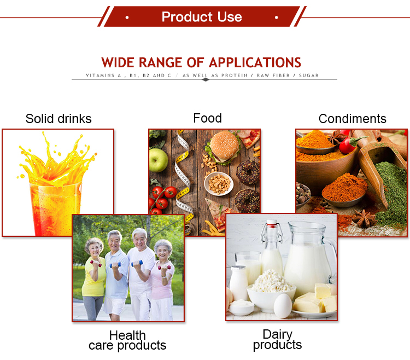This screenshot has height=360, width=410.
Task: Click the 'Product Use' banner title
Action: [x=202, y=17]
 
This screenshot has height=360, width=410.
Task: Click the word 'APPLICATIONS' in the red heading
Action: [x=255, y=62]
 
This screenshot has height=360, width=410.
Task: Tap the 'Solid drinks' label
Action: [x=58, y=119]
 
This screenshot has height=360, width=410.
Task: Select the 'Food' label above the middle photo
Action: [x=207, y=118]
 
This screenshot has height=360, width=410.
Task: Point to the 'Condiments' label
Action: [x=352, y=119]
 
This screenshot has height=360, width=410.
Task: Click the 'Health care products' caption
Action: [x=127, y=340]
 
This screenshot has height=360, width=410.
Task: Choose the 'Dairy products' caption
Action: [x=277, y=339]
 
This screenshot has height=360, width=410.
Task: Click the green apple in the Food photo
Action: [x=159, y=160]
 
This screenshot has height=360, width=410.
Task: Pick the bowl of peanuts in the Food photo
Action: [x=219, y=182]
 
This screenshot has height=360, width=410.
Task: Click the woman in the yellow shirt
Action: [x=93, y=276]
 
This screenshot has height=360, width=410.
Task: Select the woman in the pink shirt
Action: [x=162, y=279]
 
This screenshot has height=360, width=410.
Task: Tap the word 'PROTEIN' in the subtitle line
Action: [x=237, y=76]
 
